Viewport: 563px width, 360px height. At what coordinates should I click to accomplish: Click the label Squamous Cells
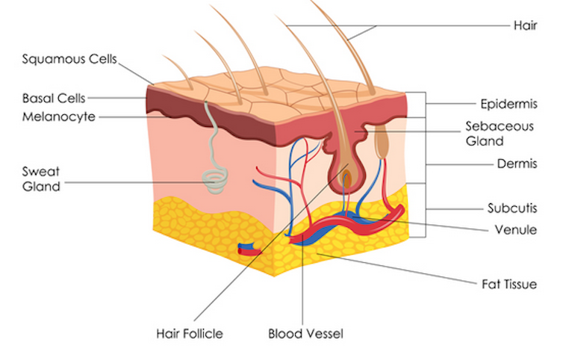click(x=69, y=59)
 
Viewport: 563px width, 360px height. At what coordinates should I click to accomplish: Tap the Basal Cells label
click(x=54, y=98)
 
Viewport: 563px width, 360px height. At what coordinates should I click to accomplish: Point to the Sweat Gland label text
click(x=41, y=179)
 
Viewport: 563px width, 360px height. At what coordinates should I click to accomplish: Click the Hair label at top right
click(x=525, y=25)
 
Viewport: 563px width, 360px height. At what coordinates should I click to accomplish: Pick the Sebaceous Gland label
click(x=500, y=134)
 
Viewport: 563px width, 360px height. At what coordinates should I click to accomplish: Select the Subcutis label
click(x=512, y=208)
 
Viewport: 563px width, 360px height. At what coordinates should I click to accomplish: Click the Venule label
click(x=516, y=229)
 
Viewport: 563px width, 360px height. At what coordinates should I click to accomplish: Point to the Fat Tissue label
click(x=508, y=284)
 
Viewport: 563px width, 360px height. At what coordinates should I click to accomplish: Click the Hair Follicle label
click(x=189, y=333)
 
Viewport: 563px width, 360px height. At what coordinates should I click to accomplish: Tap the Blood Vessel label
click(x=305, y=333)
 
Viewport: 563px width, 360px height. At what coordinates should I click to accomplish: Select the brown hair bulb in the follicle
click(x=346, y=177)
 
